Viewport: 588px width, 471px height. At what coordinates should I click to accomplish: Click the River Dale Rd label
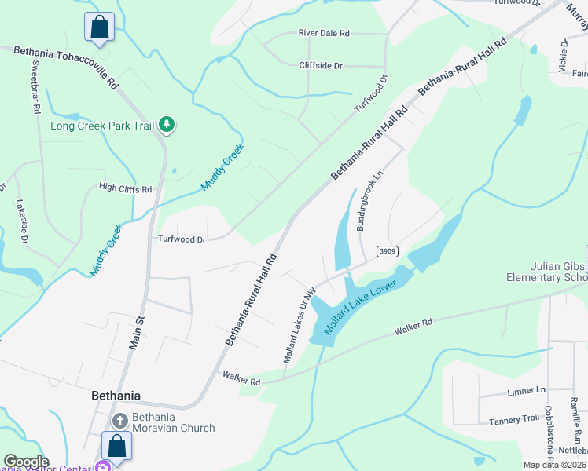click(324, 34)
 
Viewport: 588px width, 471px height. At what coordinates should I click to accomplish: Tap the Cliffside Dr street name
click(321, 66)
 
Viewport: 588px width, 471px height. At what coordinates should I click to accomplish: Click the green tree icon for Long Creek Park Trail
click(166, 124)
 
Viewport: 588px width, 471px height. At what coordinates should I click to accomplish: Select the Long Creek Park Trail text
click(102, 126)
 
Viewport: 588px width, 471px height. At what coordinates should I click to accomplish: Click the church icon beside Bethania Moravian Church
click(119, 422)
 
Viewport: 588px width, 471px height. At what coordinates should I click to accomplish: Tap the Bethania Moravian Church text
click(173, 422)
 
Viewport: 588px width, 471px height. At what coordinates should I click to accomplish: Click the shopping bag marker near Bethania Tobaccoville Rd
click(99, 27)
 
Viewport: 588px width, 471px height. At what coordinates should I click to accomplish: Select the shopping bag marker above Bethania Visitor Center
click(117, 446)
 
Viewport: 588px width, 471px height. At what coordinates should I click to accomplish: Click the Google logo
click(26, 462)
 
